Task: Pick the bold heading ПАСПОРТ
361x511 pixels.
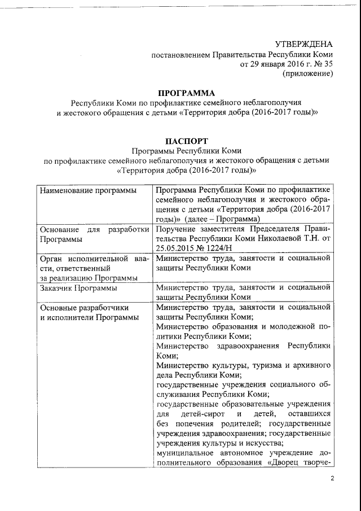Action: (x=186, y=141)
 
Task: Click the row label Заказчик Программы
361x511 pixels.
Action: (x=78, y=288)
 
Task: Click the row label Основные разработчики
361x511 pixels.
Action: (x=84, y=308)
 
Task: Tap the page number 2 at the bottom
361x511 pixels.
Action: (x=332, y=479)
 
